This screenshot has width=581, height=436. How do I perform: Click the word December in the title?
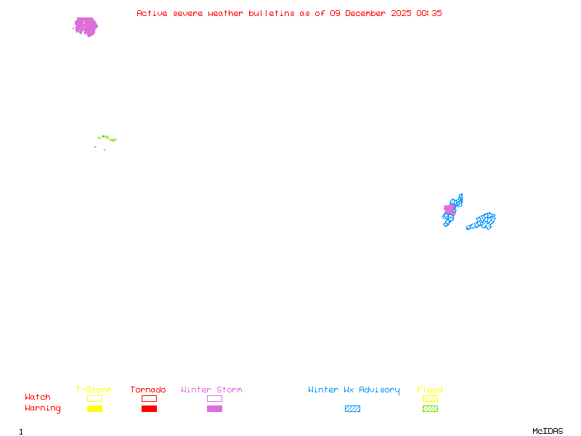[366, 13]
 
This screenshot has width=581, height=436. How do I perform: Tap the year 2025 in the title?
[402, 13]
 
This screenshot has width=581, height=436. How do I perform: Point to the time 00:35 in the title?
[429, 13]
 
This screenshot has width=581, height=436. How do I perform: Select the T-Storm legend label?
[94, 390]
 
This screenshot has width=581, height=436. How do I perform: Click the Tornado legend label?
[148, 390]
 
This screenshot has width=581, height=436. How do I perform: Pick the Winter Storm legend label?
[211, 390]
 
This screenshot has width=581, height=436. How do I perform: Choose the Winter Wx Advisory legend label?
[354, 390]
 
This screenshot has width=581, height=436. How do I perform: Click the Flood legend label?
[430, 390]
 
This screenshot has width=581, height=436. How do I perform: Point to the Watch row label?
[38, 397]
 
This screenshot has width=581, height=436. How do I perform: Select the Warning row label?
[43, 408]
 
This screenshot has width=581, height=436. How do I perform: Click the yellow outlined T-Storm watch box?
[94, 398]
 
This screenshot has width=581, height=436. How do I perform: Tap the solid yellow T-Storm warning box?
[94, 409]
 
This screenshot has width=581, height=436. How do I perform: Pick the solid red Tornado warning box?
[149, 409]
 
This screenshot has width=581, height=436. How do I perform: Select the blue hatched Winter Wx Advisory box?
[352, 409]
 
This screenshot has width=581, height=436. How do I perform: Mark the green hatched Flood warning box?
[430, 409]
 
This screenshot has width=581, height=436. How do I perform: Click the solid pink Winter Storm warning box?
[214, 409]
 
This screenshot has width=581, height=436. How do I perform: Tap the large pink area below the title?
[86, 27]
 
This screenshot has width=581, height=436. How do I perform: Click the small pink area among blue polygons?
[450, 209]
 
